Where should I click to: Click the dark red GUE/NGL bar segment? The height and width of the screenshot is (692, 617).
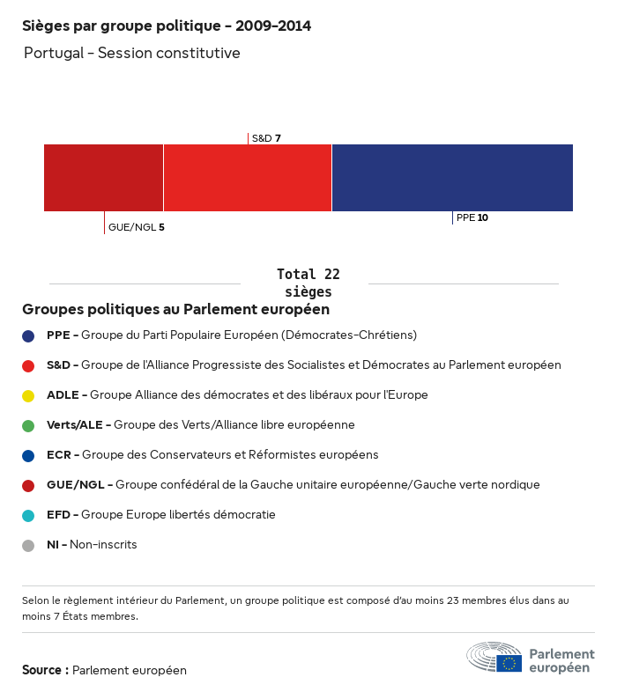(103, 178)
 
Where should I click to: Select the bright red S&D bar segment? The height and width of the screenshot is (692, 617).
(248, 178)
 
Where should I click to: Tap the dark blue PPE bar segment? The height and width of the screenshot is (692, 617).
(452, 178)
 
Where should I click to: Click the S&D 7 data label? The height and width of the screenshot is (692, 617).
(266, 138)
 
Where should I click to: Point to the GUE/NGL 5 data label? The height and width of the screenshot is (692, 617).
(136, 227)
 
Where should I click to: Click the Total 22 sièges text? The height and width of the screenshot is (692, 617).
(308, 283)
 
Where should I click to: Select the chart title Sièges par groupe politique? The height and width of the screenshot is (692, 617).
(166, 26)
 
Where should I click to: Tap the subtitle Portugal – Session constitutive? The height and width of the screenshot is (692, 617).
(131, 53)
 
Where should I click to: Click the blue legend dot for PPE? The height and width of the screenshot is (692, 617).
(28, 335)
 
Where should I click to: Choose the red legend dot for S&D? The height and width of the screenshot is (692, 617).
(28, 365)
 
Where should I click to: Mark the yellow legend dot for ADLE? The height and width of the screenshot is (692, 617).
(28, 395)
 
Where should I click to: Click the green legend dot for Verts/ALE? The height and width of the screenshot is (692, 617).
(28, 425)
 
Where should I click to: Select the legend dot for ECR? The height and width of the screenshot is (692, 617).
(28, 455)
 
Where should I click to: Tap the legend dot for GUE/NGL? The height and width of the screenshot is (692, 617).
(28, 485)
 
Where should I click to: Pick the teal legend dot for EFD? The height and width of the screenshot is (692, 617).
(28, 515)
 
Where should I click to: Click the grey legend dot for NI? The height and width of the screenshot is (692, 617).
(28, 545)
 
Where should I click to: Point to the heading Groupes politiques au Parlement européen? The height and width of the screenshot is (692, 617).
(175, 309)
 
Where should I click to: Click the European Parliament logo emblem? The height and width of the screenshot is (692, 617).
(494, 658)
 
